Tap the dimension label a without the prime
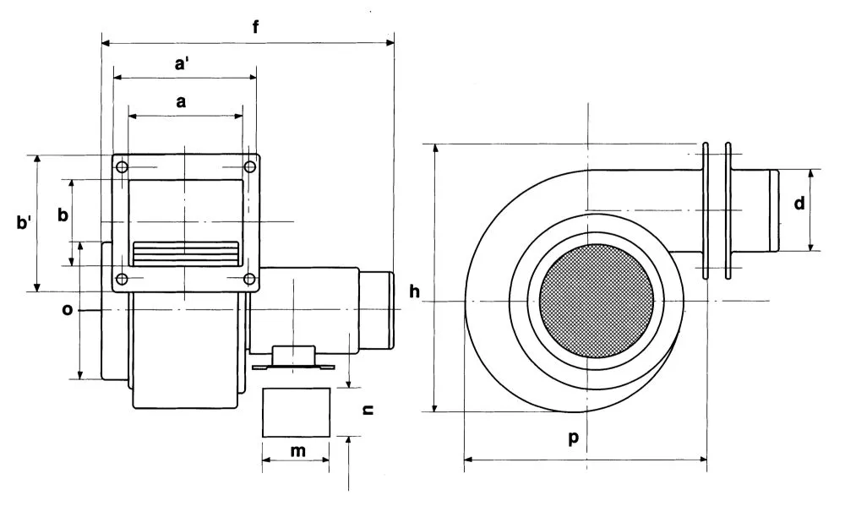click(x=181, y=101)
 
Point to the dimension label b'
click(x=25, y=223)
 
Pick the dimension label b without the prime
click(x=63, y=215)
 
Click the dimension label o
click(x=68, y=310)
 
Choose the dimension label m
click(x=297, y=450)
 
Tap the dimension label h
click(x=414, y=291)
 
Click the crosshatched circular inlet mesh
click(x=596, y=301)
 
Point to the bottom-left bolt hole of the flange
click(x=123, y=279)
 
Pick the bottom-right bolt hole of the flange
click(x=248, y=279)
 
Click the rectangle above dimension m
click(x=297, y=412)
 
